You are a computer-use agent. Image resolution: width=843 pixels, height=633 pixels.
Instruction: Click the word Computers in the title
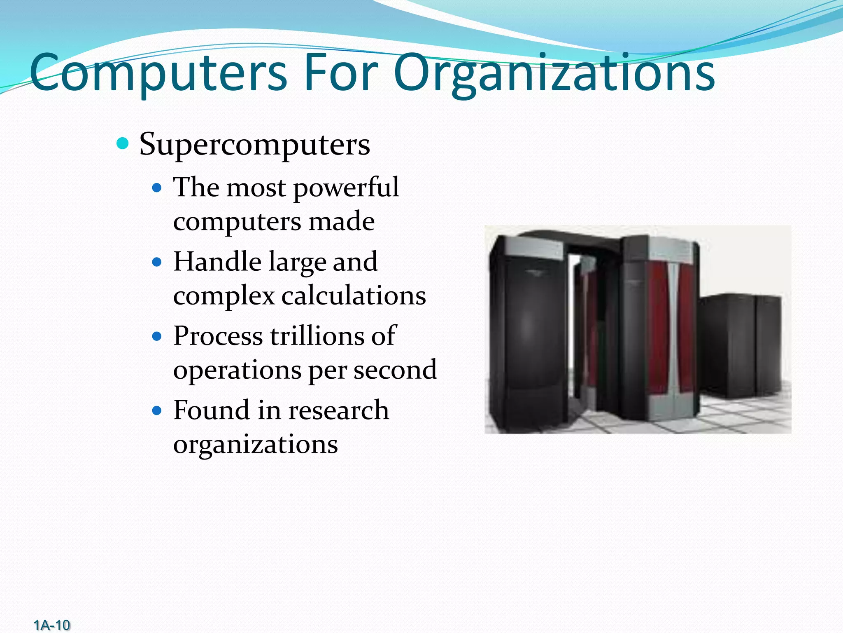coord(158,73)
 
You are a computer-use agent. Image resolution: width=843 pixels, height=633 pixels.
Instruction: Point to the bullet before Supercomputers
coord(123,144)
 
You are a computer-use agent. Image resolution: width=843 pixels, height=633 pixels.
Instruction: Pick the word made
coord(341,221)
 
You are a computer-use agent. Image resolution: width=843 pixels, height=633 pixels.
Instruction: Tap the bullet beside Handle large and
coord(157,262)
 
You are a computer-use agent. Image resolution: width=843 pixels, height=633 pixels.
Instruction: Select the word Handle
coord(217,262)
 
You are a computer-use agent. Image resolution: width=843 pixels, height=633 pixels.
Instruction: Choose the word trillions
coord(317,336)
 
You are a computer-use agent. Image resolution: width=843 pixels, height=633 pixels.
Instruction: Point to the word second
coord(395,370)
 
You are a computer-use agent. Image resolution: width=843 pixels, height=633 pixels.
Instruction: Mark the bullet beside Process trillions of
coord(157,336)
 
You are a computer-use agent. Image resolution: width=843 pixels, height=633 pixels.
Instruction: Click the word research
coord(338,410)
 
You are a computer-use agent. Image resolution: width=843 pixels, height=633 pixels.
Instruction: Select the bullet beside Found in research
coord(157,410)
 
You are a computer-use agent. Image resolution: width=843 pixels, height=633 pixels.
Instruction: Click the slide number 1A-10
coord(52,625)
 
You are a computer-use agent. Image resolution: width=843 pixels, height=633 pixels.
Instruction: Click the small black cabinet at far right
coord(741,346)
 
